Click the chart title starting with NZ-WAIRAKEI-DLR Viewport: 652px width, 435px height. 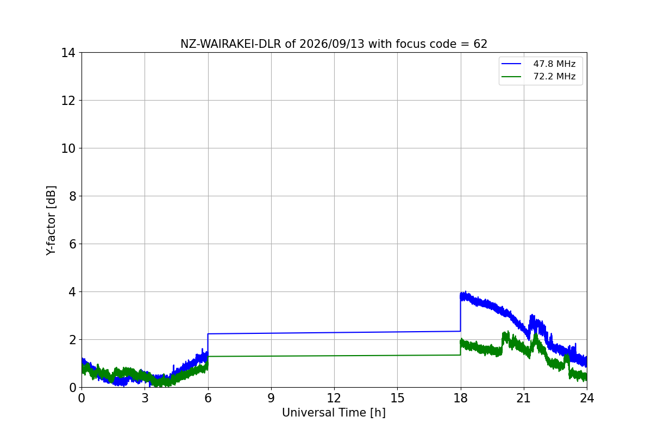click(334, 44)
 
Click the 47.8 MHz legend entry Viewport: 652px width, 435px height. click(538, 64)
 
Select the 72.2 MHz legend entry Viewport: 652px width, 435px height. click(538, 76)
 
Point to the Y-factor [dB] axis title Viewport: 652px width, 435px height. click(51, 221)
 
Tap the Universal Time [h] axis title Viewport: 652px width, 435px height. click(334, 413)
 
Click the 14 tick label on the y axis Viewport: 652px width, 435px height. click(68, 53)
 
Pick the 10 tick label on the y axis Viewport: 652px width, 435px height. click(68, 148)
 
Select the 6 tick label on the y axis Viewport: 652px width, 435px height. click(72, 244)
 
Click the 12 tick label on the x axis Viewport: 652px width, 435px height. click(334, 398)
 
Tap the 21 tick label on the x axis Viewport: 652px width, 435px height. click(524, 398)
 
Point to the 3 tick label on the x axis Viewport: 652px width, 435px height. click(145, 398)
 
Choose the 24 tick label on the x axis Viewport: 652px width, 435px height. click(587, 398)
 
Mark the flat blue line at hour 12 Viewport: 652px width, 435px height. click(334, 332)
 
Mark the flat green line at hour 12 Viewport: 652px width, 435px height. click(334, 356)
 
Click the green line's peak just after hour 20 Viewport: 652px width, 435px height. click(507, 332)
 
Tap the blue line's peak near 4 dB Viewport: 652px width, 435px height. click(466, 291)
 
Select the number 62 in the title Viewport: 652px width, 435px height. click(480, 44)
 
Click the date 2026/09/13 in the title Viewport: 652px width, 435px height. click(332, 44)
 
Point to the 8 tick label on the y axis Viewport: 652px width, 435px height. click(72, 196)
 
